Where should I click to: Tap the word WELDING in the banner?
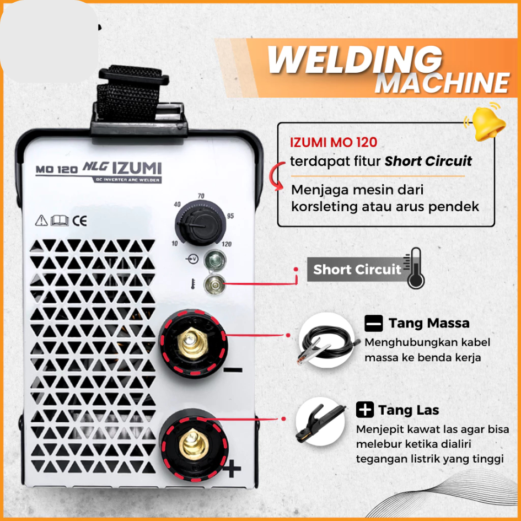point(355,59)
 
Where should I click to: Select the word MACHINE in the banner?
point(442,83)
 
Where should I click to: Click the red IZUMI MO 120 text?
point(333,142)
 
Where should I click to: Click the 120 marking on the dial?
point(226,244)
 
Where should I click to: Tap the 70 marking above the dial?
point(201,196)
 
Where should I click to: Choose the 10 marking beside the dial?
point(175,244)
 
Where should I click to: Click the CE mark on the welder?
point(80,221)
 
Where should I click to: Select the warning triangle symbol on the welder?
point(41,221)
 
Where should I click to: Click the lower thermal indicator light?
point(214,284)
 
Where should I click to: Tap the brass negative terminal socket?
point(191,344)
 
